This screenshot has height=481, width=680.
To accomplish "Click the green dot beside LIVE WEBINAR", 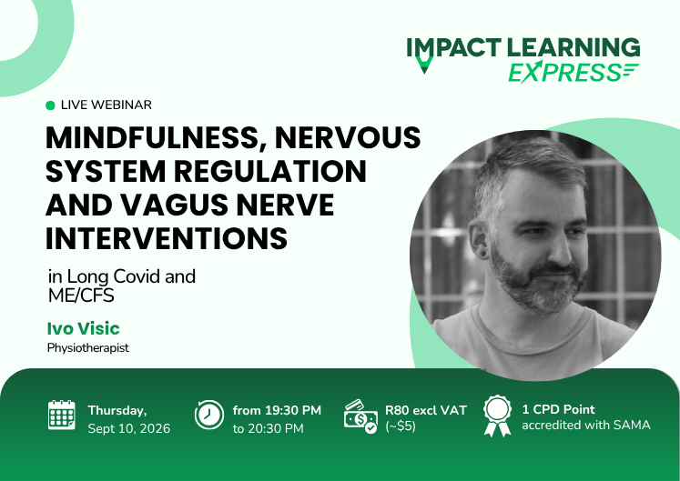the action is tap(50, 105).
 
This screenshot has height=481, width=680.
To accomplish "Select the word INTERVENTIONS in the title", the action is tap(167, 238).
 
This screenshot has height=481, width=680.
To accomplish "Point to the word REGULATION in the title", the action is tap(270, 171).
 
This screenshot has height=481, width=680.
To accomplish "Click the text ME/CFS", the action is tap(81, 296).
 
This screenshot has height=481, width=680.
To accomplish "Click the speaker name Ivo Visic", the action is tap(83, 328).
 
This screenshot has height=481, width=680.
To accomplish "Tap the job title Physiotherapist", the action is tap(88, 348).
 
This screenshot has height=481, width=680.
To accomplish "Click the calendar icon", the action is tap(62, 415).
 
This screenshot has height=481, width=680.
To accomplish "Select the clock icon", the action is tap(209, 416).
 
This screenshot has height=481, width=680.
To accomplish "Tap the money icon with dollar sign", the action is tap(360, 416).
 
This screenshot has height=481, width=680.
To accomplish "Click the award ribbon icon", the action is tap(497, 416).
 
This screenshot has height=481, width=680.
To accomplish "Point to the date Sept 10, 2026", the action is tap(128, 428).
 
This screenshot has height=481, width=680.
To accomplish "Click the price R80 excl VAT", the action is tap(426, 410).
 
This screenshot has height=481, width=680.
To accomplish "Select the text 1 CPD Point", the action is tap(559, 409).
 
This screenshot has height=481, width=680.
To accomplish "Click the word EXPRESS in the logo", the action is tap(565, 73).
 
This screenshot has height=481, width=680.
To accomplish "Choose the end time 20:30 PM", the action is tap(276, 428).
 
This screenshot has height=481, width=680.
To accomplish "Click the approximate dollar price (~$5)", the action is tap(401, 426).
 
